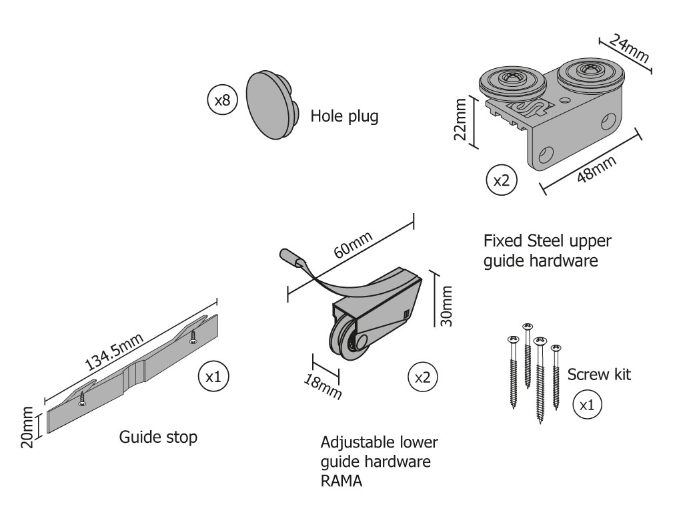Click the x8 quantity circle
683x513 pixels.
pos(222,100)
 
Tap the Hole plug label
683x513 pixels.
pos(344,116)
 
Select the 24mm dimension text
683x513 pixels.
pos(628,47)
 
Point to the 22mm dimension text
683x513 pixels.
pos(460,120)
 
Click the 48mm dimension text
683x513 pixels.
pos(596,169)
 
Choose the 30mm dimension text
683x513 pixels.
pos(446,306)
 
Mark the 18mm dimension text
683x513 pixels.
pos(322,387)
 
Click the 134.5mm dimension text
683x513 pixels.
pos(113,351)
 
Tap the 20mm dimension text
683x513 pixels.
pos(27,427)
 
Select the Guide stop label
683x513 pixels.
pos(158,437)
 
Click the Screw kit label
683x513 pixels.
pos(599,374)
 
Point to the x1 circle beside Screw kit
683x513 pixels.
pos(587,405)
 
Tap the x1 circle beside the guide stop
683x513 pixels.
pos(213,377)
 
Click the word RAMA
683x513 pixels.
pos(341,481)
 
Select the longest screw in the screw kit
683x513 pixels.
pos(540,380)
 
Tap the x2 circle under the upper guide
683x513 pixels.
pos(501,180)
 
